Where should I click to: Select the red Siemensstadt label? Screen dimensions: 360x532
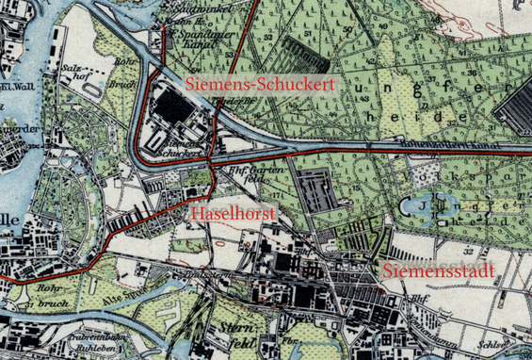440,273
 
